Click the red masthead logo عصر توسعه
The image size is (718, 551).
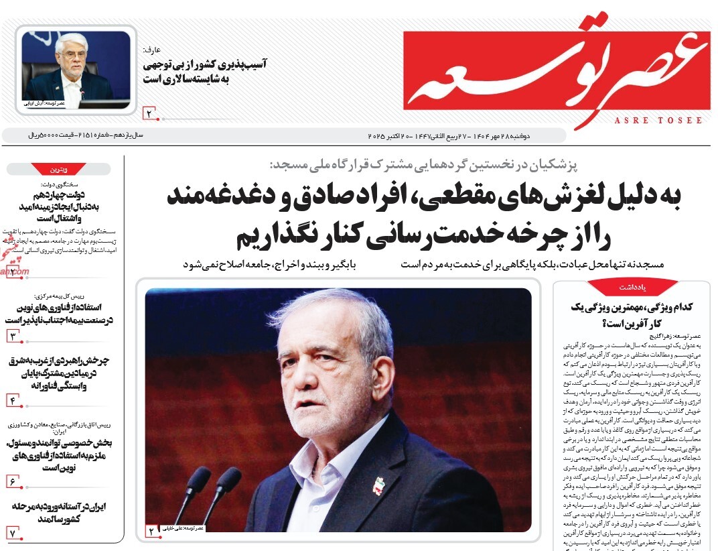pos(556,67)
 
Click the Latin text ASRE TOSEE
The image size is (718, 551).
pos(658,121)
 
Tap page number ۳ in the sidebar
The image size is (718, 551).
pos(13,335)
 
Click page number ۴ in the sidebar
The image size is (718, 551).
pos(13,400)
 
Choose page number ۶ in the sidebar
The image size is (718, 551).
pos(13,481)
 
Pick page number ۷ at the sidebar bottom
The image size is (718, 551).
pos(13,532)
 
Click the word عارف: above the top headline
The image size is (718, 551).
pos(152,50)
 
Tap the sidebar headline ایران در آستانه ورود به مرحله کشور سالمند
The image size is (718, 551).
pos(63,512)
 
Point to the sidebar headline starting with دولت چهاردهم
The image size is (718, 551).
pos(63,206)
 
